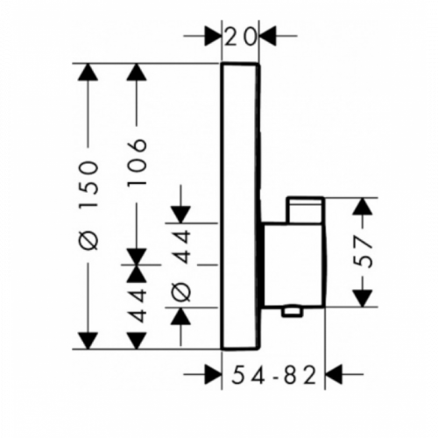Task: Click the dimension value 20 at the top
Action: (x=241, y=37)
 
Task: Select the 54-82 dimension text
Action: (x=274, y=375)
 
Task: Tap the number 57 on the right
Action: (x=364, y=252)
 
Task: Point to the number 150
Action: (x=88, y=184)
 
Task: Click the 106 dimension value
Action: (x=137, y=163)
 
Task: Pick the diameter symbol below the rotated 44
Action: (x=181, y=291)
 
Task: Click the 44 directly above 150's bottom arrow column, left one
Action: (x=137, y=305)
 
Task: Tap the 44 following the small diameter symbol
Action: (x=181, y=246)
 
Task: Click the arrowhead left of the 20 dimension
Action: (x=213, y=36)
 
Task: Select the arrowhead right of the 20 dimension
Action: (x=267, y=36)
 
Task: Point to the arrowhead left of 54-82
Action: (x=213, y=374)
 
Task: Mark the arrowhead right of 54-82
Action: (x=333, y=374)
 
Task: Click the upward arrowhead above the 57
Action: (x=363, y=207)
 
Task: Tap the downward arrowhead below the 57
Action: (x=363, y=299)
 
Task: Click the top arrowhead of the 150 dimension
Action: (x=88, y=72)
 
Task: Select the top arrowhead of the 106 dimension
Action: (x=137, y=72)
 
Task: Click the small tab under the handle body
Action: (x=291, y=312)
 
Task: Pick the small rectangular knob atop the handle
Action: (x=306, y=210)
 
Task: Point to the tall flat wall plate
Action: (x=240, y=206)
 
